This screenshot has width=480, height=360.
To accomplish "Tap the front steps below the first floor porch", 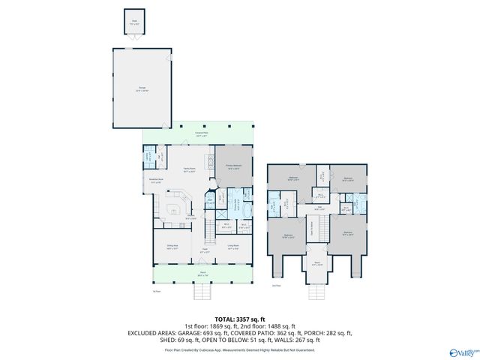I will coord(200,289).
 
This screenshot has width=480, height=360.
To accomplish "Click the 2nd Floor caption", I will coord(275,286).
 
